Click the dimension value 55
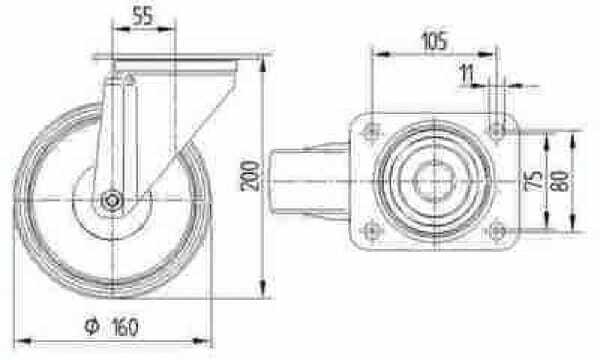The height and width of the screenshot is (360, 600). (143, 16)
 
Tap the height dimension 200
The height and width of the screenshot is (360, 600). (251, 176)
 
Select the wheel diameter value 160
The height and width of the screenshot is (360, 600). (125, 327)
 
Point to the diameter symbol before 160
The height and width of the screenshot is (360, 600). (91, 326)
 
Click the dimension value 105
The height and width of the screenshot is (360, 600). (434, 41)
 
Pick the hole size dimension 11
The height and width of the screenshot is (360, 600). (467, 74)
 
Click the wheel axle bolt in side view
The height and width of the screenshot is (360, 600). (112, 200)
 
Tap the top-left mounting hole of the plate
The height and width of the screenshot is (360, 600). (372, 132)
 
